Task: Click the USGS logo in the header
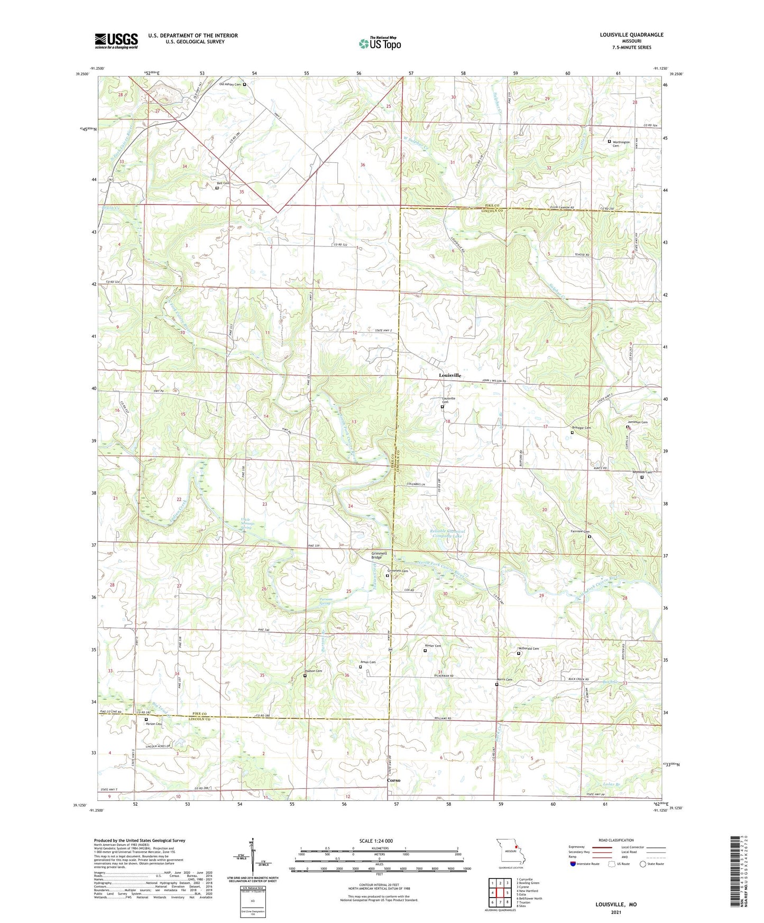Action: pyautogui.click(x=116, y=41)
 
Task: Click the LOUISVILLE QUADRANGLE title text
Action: pyautogui.click(x=631, y=35)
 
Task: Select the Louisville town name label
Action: pyautogui.click(x=450, y=375)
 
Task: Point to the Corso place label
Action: pyautogui.click(x=393, y=780)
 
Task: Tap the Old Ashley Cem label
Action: pyautogui.click(x=230, y=84)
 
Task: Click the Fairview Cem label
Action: pyautogui.click(x=579, y=532)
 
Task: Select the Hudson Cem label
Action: pyautogui.click(x=312, y=671)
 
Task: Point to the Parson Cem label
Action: pyautogui.click(x=154, y=724)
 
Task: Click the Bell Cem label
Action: pyautogui.click(x=223, y=183)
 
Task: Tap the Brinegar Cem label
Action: pyautogui.click(x=581, y=428)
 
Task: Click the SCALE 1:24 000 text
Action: pyautogui.click(x=376, y=841)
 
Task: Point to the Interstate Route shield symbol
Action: pyautogui.click(x=573, y=864)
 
